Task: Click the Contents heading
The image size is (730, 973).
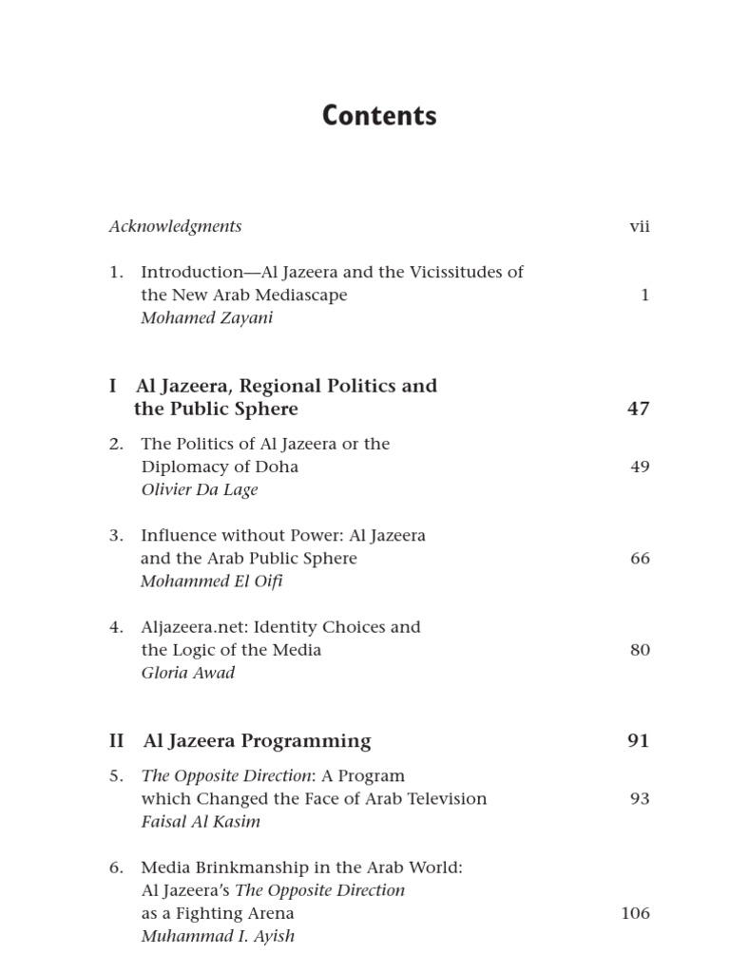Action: [379, 116]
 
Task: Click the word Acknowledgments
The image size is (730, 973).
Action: [175, 226]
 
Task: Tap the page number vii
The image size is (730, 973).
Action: [640, 226]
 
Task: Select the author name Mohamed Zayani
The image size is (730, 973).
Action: [206, 318]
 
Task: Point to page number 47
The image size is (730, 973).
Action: [639, 410]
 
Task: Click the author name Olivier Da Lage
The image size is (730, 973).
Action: [199, 490]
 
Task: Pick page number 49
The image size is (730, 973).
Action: [640, 467]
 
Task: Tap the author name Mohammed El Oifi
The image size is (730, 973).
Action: [211, 582]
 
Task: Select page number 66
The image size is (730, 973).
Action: [640, 559]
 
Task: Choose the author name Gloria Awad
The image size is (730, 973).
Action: [187, 673]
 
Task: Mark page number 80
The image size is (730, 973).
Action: [640, 651]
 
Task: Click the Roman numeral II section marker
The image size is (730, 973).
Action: [117, 741]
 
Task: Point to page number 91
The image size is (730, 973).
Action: [639, 741]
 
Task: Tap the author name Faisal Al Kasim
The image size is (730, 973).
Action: [200, 822]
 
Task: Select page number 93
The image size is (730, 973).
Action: [640, 799]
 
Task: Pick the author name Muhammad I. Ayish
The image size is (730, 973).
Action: [217, 937]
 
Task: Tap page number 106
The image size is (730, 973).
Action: [635, 914]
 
